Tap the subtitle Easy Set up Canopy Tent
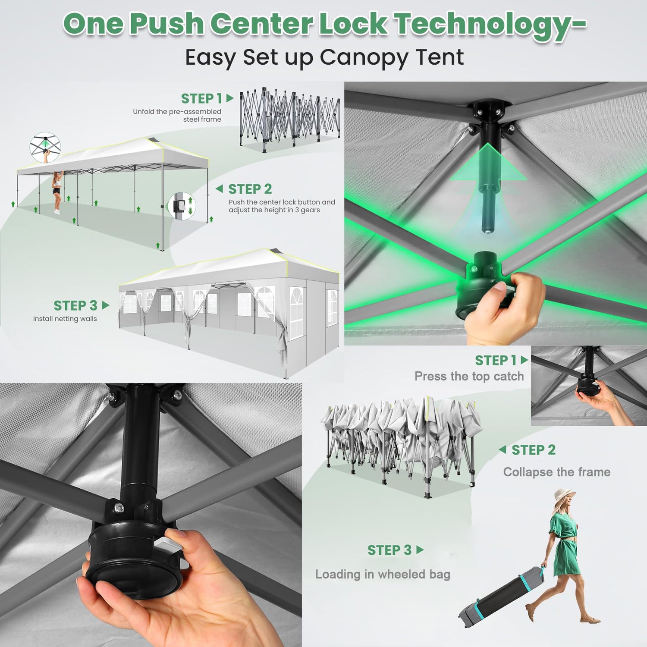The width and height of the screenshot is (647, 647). (x=324, y=57)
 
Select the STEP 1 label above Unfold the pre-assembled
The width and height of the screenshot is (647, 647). (x=201, y=98)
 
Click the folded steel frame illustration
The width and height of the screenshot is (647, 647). (x=289, y=119)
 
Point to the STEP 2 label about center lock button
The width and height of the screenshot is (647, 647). (x=250, y=189)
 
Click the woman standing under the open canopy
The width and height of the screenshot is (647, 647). (x=57, y=192)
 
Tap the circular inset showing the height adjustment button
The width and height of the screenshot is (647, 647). (x=182, y=206)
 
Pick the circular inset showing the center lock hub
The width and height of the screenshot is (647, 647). (x=45, y=147)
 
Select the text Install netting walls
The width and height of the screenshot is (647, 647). (x=65, y=319)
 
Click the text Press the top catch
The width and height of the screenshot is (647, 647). (x=469, y=377)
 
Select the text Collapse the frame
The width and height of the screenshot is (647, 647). (x=557, y=472)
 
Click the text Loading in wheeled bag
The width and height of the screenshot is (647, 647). (x=383, y=575)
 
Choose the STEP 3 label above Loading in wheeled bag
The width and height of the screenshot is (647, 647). (x=389, y=550)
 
